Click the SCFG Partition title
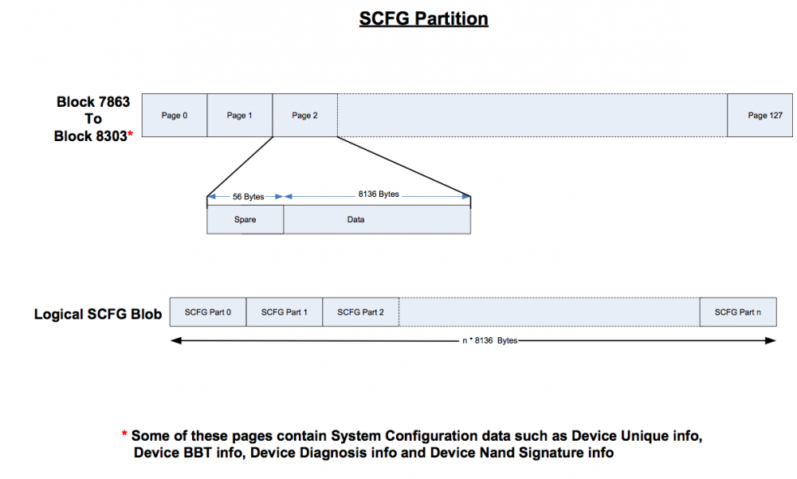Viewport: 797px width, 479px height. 423,19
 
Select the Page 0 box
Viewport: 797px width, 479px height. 175,116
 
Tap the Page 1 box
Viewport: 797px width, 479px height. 239,116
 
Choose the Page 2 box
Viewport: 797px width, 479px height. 305,116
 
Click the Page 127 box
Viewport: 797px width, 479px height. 760,116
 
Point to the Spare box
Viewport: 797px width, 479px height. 245,220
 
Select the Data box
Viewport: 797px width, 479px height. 377,220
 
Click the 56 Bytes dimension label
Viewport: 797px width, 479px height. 248,197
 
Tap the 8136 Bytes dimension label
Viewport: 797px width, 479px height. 379,194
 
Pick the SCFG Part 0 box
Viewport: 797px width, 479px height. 208,312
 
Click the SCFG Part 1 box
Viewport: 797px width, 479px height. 285,312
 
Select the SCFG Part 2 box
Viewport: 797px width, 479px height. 361,312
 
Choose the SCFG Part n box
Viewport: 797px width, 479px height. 738,312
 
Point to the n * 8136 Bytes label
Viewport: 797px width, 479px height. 490,340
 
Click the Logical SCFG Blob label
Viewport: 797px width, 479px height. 98,314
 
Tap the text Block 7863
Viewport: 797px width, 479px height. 93,102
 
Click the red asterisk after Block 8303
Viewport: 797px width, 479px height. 130,134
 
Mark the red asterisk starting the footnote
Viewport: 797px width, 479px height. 124,434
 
